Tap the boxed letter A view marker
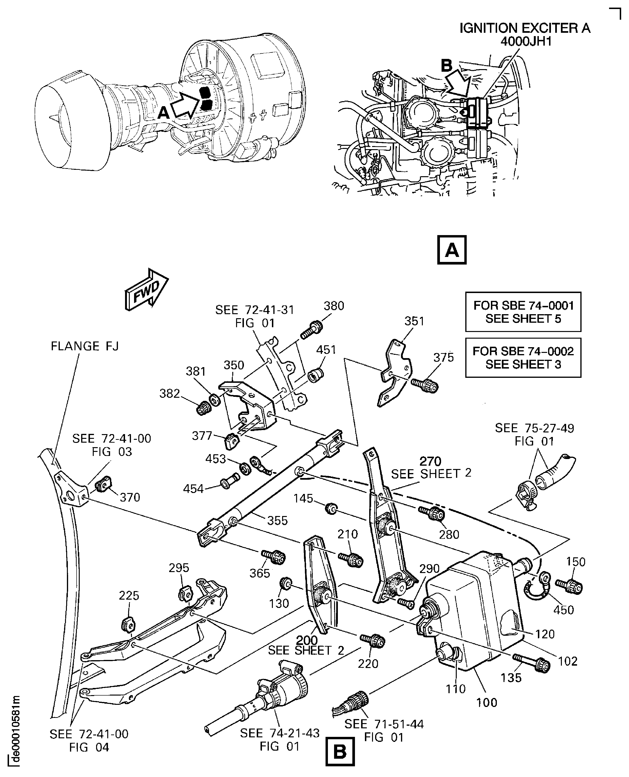452,250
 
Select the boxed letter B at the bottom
340,752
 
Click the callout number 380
333,306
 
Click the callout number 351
414,321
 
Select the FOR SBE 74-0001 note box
523,312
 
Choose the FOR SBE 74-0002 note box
523,357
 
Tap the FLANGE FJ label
84,346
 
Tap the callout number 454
193,489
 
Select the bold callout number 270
430,461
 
